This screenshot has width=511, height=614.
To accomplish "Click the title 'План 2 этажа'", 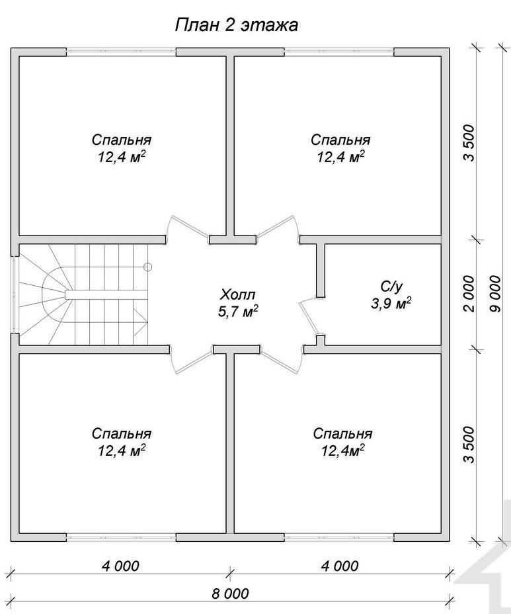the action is point(236,25).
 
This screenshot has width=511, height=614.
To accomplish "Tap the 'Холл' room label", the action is point(238,294).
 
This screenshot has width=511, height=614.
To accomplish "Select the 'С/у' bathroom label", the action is point(391,287).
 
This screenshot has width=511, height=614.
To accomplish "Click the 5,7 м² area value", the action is point(238,312).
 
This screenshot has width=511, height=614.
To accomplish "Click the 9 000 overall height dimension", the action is point(494,294).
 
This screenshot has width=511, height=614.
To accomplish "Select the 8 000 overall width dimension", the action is point(231,593).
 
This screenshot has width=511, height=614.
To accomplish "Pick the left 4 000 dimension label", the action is point(120,566).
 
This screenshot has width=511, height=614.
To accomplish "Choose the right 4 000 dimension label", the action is point(340,566).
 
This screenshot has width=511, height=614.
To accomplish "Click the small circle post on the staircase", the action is point(147,267).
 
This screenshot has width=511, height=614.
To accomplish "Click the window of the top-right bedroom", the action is point(339,52).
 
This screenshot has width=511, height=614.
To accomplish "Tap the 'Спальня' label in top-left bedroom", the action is point(122,140).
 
